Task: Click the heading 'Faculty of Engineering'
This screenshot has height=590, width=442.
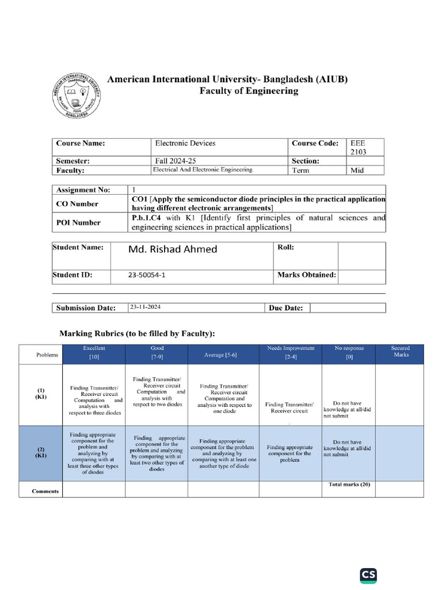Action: (249, 91)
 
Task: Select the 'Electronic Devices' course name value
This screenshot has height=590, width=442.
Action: (185, 143)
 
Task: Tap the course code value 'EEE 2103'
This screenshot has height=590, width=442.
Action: (357, 147)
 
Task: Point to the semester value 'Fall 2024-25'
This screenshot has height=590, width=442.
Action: (179, 161)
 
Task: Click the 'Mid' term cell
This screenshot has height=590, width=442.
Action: (357, 171)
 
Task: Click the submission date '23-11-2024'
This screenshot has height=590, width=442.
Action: (146, 308)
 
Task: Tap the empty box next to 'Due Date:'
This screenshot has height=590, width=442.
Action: (348, 308)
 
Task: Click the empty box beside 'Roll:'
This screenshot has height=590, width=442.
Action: (361, 255)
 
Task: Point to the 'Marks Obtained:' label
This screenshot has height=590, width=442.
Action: (306, 275)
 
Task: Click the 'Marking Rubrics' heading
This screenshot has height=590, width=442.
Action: (138, 334)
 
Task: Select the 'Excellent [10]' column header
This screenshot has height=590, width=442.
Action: (94, 353)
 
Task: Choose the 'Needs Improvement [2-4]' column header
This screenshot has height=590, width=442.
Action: (291, 353)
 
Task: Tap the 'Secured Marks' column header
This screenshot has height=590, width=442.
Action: (400, 351)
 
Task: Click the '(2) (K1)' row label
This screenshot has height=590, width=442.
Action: (40, 452)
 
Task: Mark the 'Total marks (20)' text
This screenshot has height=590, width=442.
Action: (349, 485)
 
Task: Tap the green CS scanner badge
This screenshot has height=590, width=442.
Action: (368, 576)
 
